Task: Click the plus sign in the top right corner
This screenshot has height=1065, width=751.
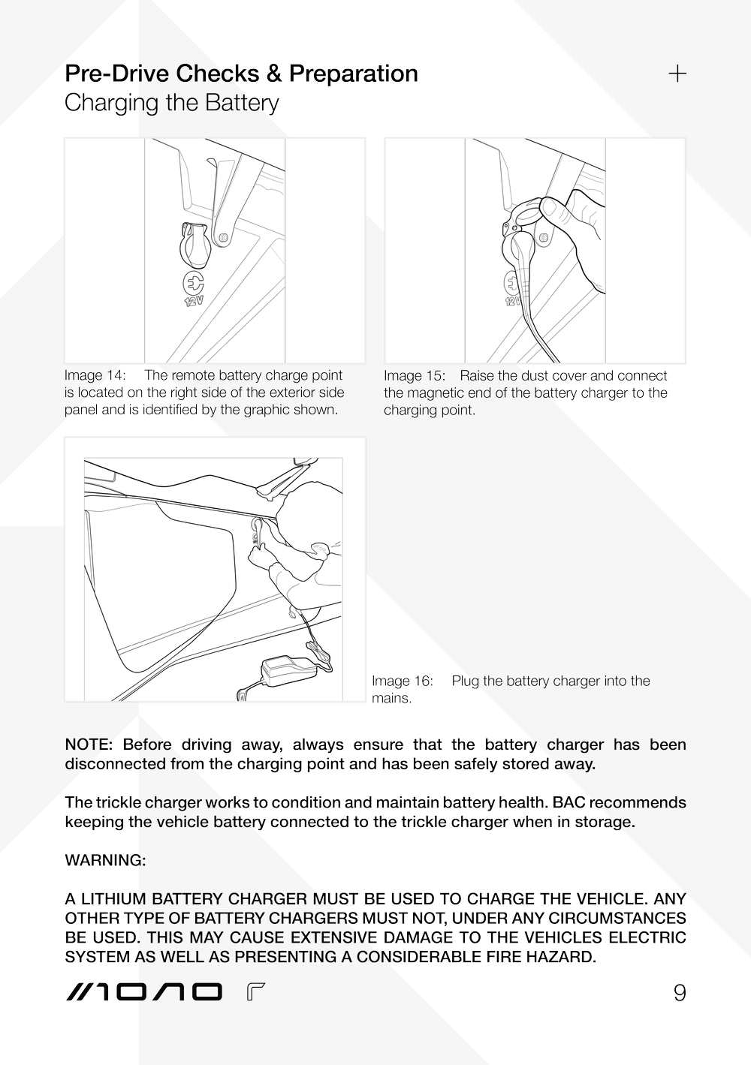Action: click(x=677, y=74)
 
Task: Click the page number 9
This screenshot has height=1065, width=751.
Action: click(x=679, y=993)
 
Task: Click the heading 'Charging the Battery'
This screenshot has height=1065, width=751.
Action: click(x=172, y=103)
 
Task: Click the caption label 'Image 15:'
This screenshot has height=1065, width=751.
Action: click(x=415, y=375)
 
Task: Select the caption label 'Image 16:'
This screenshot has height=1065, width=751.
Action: click(x=402, y=681)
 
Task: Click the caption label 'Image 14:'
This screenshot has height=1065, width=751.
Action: click(x=95, y=375)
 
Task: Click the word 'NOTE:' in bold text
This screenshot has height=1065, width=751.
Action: click(x=89, y=745)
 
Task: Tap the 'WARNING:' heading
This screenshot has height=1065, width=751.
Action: click(x=105, y=861)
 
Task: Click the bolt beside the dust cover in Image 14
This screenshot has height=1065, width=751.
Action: click(x=223, y=237)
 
